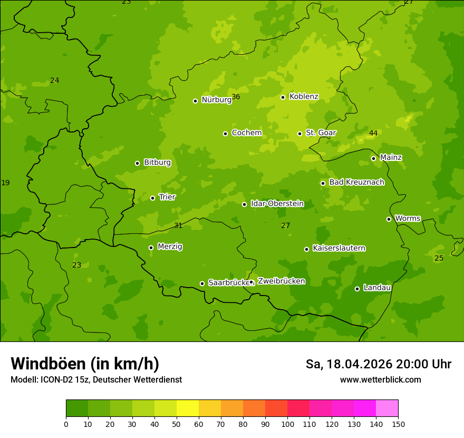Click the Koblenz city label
click(x=304, y=97)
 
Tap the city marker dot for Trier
click(x=153, y=198)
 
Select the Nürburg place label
click(x=216, y=100)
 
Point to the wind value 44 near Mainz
click(x=373, y=133)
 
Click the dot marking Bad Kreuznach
click(x=323, y=183)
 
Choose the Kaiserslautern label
click(x=339, y=248)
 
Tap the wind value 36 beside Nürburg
click(x=236, y=97)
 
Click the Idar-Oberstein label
click(x=277, y=204)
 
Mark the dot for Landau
click(x=357, y=289)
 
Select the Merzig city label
click(x=170, y=246)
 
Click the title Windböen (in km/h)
click(x=85, y=364)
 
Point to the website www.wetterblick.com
click(x=381, y=379)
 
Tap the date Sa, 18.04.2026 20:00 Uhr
click(x=379, y=364)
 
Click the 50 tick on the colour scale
click(x=177, y=423)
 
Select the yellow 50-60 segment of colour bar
click(x=188, y=408)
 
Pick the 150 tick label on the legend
click(x=398, y=423)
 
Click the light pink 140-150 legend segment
click(x=387, y=408)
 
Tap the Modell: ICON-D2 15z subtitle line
click(x=96, y=379)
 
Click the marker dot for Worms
click(x=389, y=219)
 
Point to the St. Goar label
click(x=321, y=133)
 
